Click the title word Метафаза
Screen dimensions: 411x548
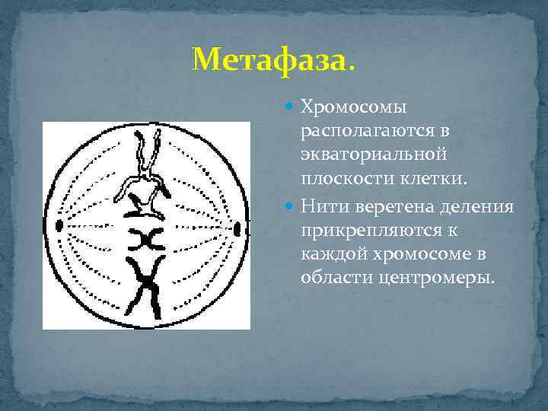(x=273, y=59)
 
